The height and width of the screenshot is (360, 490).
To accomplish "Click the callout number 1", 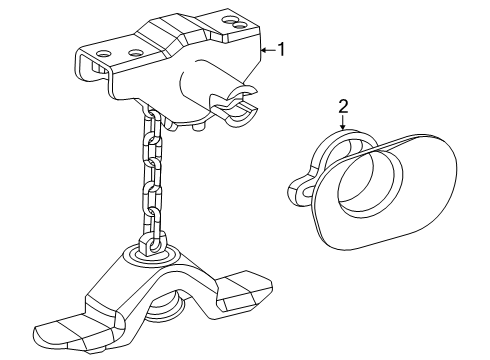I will (281, 47).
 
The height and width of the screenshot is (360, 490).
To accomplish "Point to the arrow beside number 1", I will (265, 47).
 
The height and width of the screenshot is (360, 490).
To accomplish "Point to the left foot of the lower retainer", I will (66, 332).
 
